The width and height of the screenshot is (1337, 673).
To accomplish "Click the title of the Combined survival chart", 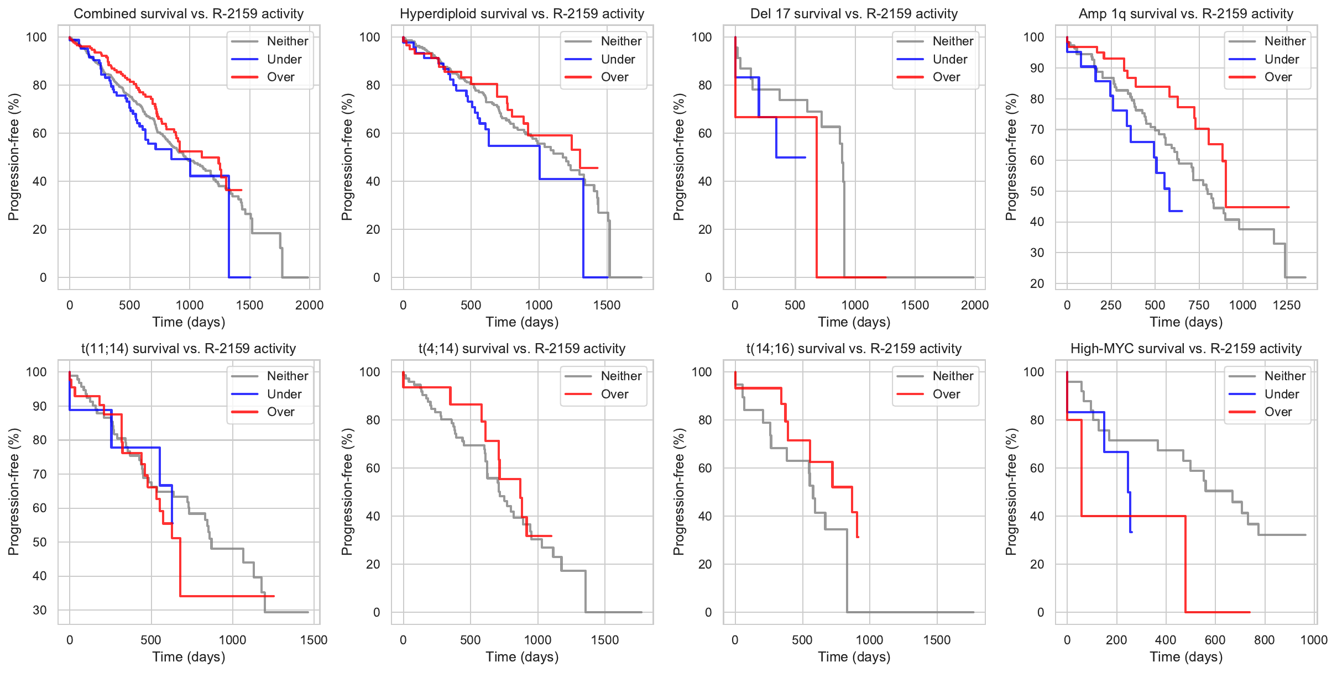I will point(189,14).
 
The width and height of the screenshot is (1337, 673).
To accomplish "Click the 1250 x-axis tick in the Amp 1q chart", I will point(1287,305).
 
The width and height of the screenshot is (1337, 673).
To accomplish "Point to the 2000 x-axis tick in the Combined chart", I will point(309,305).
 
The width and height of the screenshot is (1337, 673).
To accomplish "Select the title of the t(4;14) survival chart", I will point(522,349).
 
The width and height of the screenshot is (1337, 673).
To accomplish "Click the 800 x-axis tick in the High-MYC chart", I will point(1265,640).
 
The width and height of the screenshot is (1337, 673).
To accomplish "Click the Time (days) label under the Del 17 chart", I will point(854,322).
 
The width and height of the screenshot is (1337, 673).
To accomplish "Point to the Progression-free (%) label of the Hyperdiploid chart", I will point(347,157).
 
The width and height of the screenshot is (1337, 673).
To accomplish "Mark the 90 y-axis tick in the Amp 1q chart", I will point(1034,68).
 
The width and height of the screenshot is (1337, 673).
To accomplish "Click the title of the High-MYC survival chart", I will point(1185,349).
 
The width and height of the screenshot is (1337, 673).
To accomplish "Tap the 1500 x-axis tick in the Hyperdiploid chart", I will point(607,305).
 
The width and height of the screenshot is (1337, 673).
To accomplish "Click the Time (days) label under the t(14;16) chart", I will point(854,657).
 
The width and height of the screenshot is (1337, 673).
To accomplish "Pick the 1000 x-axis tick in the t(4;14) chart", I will point(537,640).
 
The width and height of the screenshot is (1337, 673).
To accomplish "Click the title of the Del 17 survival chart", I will point(854,14).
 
